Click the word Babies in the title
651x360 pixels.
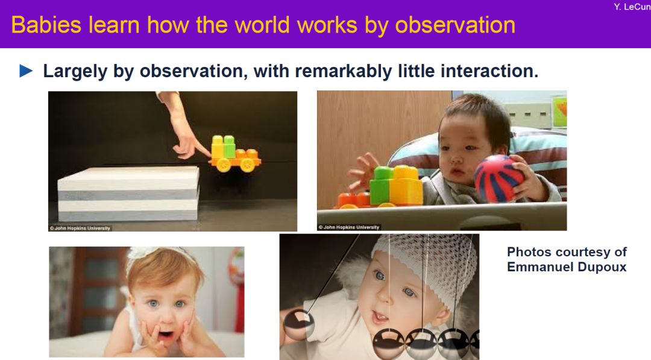coord(46,25)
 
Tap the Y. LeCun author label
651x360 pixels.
coord(632,7)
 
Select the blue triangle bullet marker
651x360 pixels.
coord(26,71)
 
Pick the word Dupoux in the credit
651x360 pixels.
coord(602,267)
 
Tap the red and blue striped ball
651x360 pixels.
coord(498,179)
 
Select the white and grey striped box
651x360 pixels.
coord(128,194)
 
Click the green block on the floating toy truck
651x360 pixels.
coord(229,146)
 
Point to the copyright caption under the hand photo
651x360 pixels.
coord(80,228)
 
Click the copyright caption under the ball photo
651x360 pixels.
coord(349,227)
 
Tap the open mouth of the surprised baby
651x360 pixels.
coord(166,333)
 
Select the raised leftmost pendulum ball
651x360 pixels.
coord(298,323)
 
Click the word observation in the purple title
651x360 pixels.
coord(455,25)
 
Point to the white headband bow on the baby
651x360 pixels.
coord(139,253)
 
